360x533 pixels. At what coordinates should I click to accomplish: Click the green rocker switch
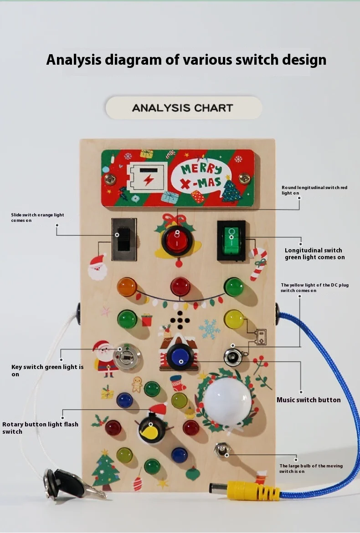pos(231,241)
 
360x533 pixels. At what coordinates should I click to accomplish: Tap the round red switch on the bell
pos(176,240)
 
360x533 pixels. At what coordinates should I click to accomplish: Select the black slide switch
pos(123,239)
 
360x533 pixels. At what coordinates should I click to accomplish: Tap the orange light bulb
pos(127,287)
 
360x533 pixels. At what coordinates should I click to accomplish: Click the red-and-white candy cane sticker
pos(257,263)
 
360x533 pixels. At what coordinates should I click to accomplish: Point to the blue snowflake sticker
pos(210,329)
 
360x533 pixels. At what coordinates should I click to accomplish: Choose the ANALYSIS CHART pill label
pos(184,108)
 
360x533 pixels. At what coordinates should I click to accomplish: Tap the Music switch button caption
pos(309,400)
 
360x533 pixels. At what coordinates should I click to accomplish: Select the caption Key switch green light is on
pos(47,370)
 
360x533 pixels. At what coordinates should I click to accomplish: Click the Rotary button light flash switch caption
pos(40,428)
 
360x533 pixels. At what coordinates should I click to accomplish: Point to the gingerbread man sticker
pos(137,384)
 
